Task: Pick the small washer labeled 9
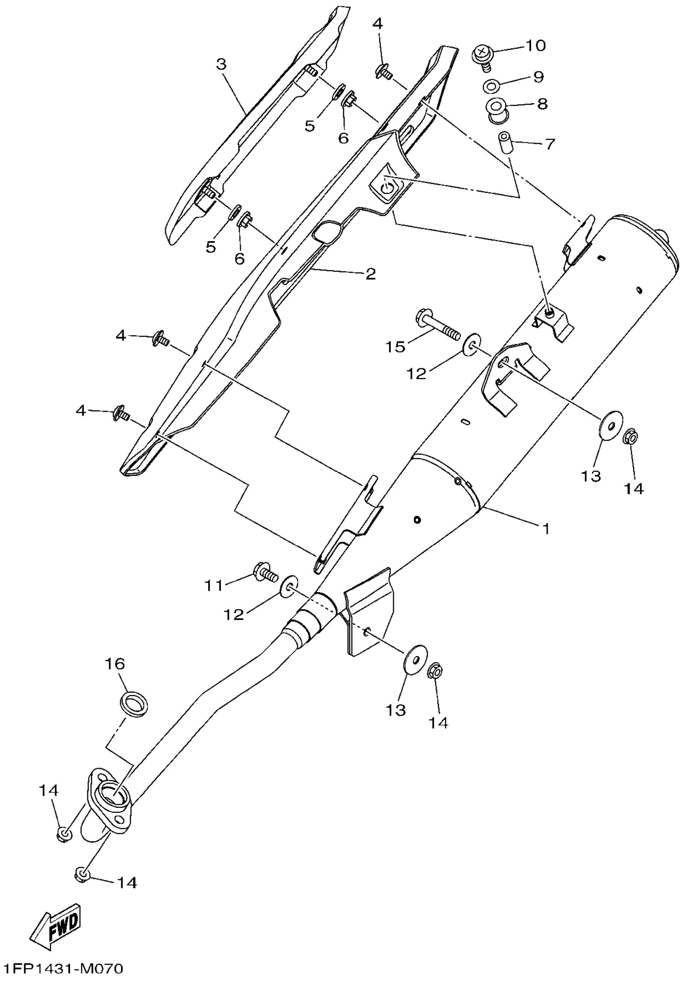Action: (491, 87)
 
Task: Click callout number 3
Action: (221, 64)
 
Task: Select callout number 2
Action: (371, 274)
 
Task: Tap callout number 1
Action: (546, 529)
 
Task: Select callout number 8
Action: (542, 104)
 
